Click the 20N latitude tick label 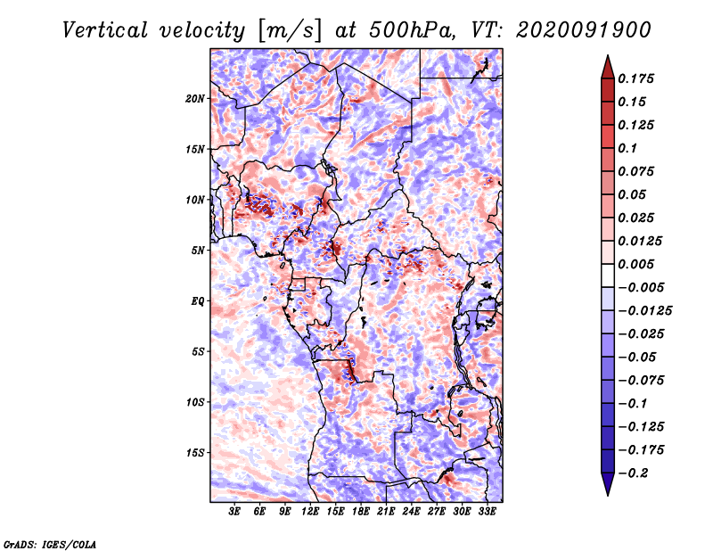pyautogui.click(x=194, y=99)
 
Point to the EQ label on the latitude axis pyautogui.click(x=197, y=301)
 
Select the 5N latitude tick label pyautogui.click(x=198, y=251)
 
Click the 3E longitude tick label pyautogui.click(x=234, y=512)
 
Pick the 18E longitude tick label pyautogui.click(x=361, y=512)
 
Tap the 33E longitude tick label pyautogui.click(x=487, y=512)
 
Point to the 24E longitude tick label pyautogui.click(x=411, y=512)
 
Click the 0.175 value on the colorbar pyautogui.click(x=635, y=78)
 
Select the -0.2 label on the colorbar pyautogui.click(x=633, y=473)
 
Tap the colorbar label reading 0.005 pyautogui.click(x=635, y=264)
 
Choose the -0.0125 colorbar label pyautogui.click(x=644, y=311)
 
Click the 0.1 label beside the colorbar pyautogui.click(x=627, y=148)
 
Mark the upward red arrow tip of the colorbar pyautogui.click(x=608, y=56)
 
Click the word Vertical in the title pyautogui.click(x=105, y=30)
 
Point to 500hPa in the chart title pyautogui.click(x=412, y=30)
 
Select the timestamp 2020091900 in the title pyautogui.click(x=584, y=30)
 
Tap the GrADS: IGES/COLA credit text pyautogui.click(x=50, y=545)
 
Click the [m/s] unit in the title pyautogui.click(x=290, y=31)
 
